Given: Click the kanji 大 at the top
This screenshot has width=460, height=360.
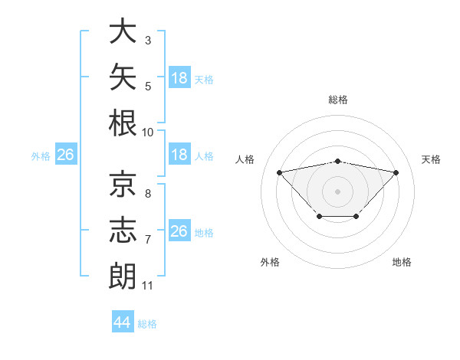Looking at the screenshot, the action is click(x=123, y=31).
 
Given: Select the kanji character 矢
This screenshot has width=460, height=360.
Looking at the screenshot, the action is click(x=123, y=77).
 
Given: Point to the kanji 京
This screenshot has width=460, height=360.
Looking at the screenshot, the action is click(x=123, y=184).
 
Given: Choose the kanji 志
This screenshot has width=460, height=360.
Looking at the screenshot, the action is click(x=123, y=230).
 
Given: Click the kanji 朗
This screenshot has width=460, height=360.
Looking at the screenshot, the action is click(x=123, y=276).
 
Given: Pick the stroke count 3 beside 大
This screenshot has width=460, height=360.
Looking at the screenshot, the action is click(x=148, y=41).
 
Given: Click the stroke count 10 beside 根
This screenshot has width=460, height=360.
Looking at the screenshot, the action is click(x=147, y=133).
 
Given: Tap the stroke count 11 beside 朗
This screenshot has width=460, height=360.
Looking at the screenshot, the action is click(x=147, y=286).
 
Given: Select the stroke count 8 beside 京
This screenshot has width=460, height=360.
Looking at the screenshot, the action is click(x=148, y=194).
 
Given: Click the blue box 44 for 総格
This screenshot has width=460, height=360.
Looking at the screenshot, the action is click(x=123, y=321).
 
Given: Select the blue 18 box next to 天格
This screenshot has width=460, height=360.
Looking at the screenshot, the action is click(x=179, y=77).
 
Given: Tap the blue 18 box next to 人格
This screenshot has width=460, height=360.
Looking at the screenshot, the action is click(x=179, y=154).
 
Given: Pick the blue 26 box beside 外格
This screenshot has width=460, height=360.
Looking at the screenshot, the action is click(x=66, y=154).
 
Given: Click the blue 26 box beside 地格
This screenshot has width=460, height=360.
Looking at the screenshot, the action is click(x=179, y=230).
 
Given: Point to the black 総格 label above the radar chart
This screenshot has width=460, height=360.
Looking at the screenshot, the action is click(x=338, y=100).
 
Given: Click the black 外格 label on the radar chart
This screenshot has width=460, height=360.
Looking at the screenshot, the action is click(x=270, y=262).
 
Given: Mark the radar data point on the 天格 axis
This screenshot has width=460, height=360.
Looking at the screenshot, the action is click(x=396, y=172).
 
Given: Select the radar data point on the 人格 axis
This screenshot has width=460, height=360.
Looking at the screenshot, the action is click(x=279, y=172).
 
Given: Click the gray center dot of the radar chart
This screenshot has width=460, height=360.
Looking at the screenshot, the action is click(x=337, y=191).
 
